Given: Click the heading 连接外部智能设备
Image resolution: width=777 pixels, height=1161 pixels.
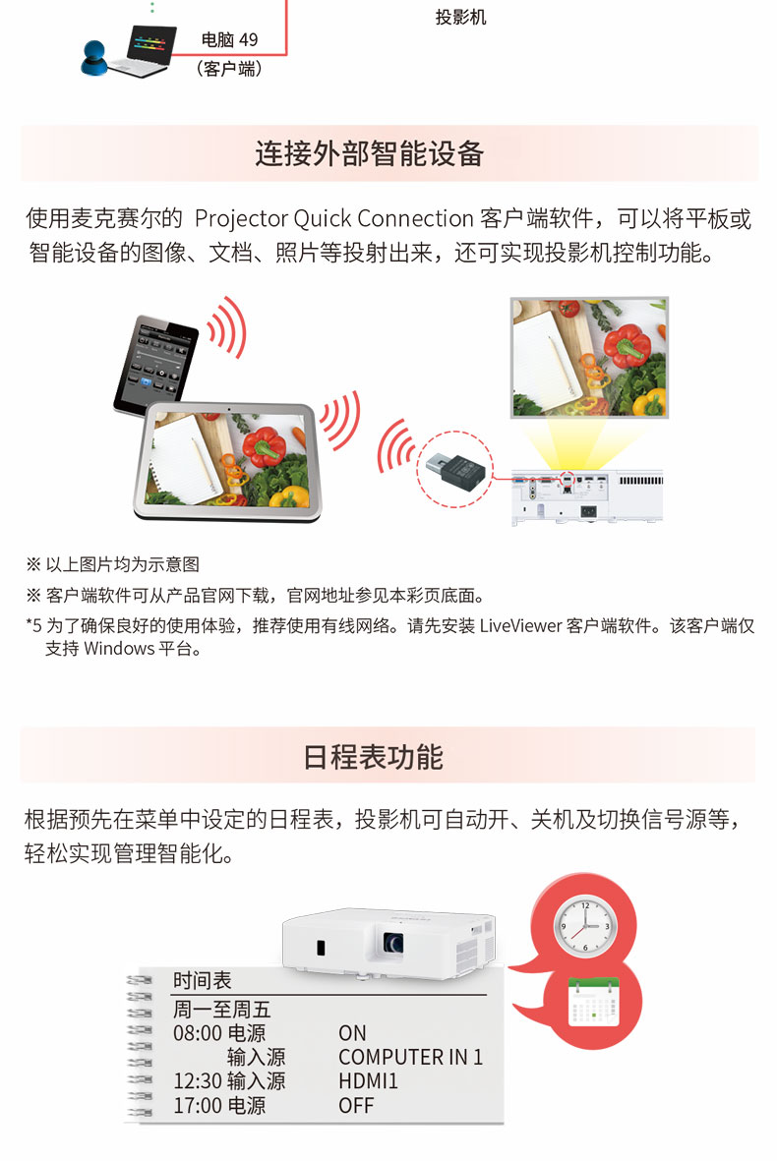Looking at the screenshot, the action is pos(370,153).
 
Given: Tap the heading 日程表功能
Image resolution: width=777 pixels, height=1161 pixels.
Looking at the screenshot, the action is pos(374,757).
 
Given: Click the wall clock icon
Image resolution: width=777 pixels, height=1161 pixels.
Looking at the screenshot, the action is pos(585,925).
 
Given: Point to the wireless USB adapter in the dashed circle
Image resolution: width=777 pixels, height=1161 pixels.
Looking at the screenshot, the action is pos(454,468).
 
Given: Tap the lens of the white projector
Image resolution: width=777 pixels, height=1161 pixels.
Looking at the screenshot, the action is pos(393,943).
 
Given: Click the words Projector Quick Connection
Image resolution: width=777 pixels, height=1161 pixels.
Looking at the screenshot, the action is pos(333,218).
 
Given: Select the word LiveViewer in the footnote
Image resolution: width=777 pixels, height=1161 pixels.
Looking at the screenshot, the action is pos(520,625).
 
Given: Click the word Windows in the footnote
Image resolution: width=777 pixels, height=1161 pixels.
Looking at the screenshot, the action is pos(119,649).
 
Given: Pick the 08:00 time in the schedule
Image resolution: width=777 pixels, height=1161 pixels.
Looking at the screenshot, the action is pos(198,1033).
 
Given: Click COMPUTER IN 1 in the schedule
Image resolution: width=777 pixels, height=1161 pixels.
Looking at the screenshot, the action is pos(410,1057).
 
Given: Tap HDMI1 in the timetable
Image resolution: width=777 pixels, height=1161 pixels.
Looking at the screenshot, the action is pos(368,1081).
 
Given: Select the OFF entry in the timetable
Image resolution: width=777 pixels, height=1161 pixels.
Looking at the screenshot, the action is pos(356,1106).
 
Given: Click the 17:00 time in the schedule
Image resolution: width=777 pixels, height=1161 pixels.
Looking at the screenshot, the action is pos(198,1106).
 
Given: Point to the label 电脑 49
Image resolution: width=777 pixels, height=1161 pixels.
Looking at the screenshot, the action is pos(229,39).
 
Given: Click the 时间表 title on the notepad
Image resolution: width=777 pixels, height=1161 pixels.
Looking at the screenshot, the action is pos(203,980).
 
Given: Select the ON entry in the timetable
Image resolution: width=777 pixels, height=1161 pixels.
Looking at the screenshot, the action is pos(352,1033).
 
